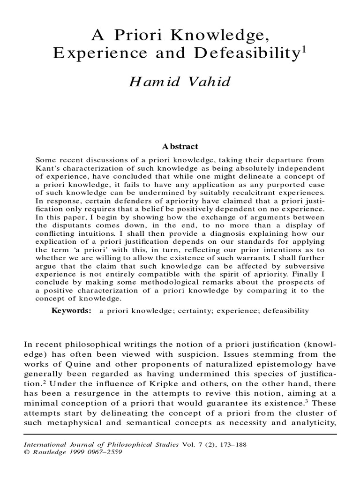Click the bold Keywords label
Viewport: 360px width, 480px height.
[71, 310]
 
